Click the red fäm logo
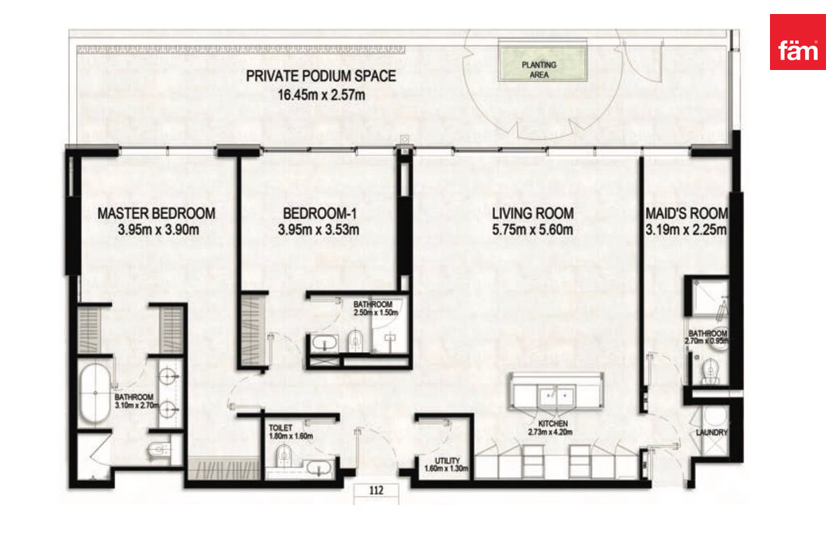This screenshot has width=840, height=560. coord(797,42)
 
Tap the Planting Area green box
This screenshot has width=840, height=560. coord(542,61)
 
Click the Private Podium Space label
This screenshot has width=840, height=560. coord(321,76)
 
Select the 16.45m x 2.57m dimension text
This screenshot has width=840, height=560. coord(321,95)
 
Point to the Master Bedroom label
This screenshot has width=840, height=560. coord(156,213)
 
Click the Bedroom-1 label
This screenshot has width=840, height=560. coord(319,213)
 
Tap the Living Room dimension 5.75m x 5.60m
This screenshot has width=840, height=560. coord(533,230)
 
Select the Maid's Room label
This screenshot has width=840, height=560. coord(687,213)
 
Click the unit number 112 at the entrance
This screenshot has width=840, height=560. coord(376,490)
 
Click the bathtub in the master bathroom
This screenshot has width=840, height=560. coord(94,393)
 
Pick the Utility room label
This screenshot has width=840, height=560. coord(447,461)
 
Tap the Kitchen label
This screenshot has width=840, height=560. coord(553,423)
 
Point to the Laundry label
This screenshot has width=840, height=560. coord(712,433)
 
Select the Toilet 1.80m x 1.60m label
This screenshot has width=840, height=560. coord(290,432)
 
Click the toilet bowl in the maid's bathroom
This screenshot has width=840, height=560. coord(710,370)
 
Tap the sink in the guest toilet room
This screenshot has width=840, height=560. coord(319,468)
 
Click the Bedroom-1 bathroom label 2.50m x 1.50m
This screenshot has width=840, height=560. coord(375,308)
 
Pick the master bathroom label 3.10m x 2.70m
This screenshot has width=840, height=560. coord(137,401)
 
